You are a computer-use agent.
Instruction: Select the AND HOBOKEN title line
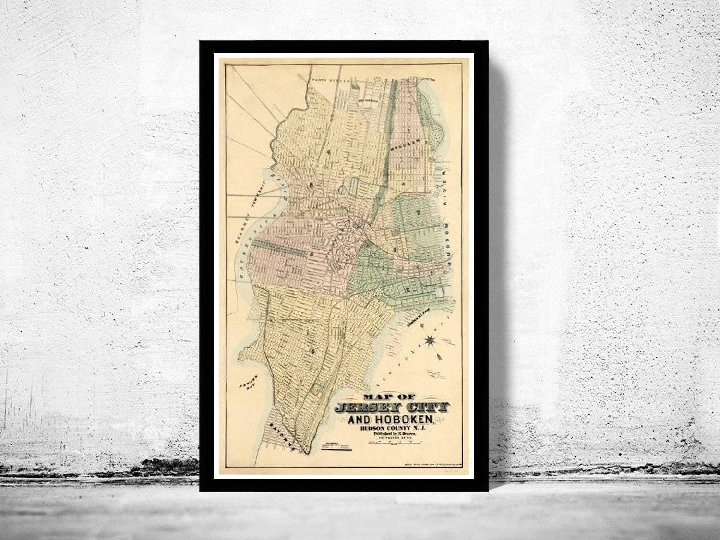(392, 420)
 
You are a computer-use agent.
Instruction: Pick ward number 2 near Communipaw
(408, 289)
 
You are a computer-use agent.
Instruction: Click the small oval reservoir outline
(342, 191)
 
